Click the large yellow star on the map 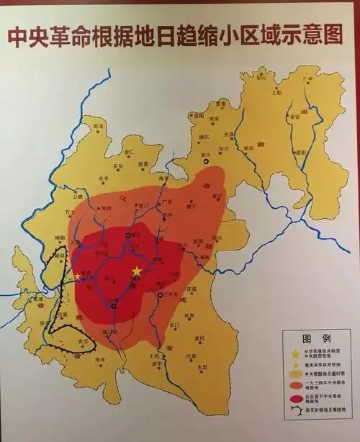tap(137, 271)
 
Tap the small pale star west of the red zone tap(77, 276)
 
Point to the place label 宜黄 tap(143, 164)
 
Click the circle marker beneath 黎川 tap(207, 162)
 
